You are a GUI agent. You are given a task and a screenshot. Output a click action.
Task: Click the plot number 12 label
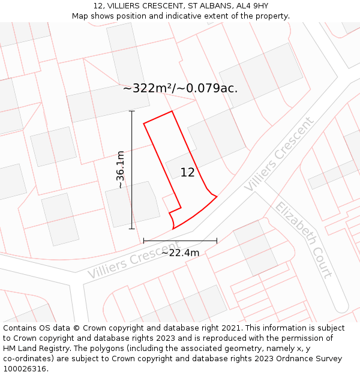[187, 173]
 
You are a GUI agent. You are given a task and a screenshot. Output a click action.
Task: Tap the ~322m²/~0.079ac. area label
[180, 88]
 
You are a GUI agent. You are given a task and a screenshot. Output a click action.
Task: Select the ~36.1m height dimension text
[121, 170]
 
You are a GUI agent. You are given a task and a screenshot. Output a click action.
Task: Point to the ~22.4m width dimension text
[180, 253]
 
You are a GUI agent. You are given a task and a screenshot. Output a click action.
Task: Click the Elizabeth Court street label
[304, 240]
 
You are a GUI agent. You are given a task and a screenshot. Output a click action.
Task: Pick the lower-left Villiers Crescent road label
[133, 260]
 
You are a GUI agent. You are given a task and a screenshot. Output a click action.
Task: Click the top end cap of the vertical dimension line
[132, 111]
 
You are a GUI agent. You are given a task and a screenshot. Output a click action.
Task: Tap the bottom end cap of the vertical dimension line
[132, 229]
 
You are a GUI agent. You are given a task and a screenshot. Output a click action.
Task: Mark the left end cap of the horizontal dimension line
[144, 241]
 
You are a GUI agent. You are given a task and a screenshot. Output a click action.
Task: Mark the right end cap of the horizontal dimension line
[217, 241]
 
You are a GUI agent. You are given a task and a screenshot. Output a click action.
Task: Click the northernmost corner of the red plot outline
[172, 111]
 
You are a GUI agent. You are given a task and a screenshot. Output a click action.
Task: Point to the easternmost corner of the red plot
[217, 196]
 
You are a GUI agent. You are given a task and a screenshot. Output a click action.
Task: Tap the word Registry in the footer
[65, 349]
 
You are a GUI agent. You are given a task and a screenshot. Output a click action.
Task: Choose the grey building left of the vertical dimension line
[60, 219]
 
